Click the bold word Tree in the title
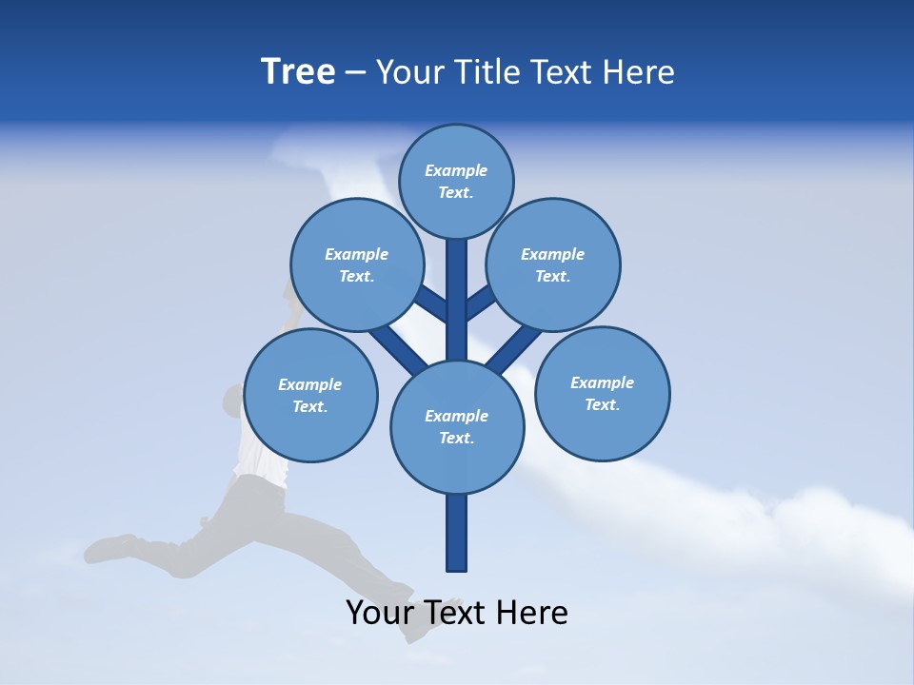coord(298,71)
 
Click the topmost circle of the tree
coord(456,181)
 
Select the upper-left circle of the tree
coord(356,264)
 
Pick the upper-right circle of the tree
coord(553,264)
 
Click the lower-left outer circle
coord(310,395)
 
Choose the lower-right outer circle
coord(602,393)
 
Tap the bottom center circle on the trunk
coord(457,426)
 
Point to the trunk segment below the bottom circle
coord(457,533)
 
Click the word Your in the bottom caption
coord(379,613)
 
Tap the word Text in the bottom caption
coord(453,613)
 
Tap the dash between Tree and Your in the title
coord(355,73)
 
